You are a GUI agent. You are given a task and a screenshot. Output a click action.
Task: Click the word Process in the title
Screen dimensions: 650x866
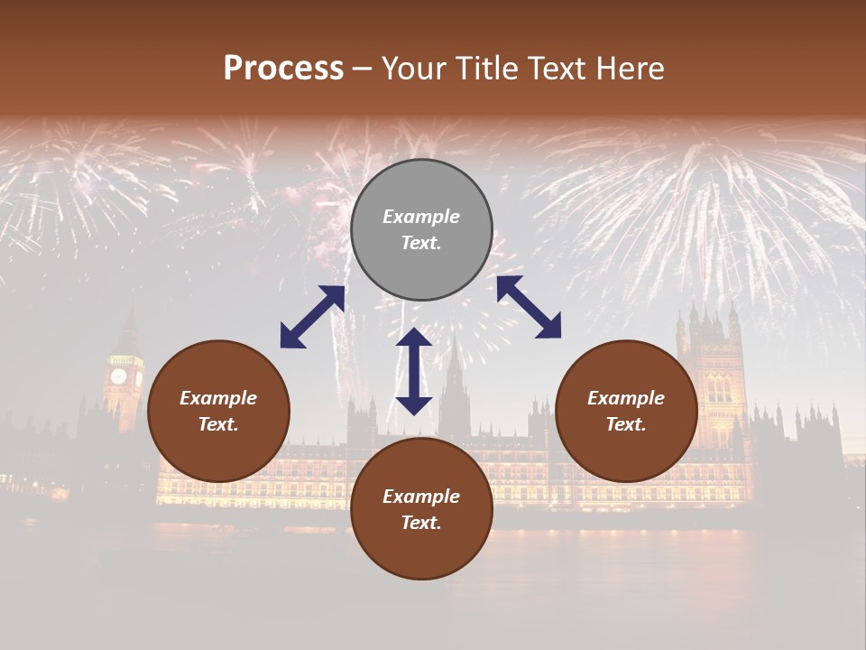point(283,69)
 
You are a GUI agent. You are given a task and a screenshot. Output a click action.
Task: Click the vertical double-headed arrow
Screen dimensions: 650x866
point(414,371)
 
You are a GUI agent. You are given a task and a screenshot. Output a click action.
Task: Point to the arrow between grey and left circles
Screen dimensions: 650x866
point(312,317)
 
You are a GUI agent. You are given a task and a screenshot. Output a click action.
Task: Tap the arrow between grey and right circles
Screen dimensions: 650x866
point(529,307)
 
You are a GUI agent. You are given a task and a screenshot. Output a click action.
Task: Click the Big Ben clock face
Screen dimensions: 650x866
point(118,376)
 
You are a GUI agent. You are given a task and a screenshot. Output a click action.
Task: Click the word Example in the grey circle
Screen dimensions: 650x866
point(421,217)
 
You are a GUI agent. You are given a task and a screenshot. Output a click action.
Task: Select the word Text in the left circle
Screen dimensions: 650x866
point(218,424)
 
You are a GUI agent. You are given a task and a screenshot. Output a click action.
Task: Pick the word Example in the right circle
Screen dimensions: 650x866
point(626,398)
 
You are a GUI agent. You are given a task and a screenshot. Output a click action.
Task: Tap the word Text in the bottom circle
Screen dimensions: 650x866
point(421,523)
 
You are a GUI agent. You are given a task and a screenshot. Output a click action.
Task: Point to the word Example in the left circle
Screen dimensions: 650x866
point(218,398)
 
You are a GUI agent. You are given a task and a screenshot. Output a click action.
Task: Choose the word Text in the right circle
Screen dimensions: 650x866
point(626,424)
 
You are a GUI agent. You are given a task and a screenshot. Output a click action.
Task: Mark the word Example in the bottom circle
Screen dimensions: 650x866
point(421,497)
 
